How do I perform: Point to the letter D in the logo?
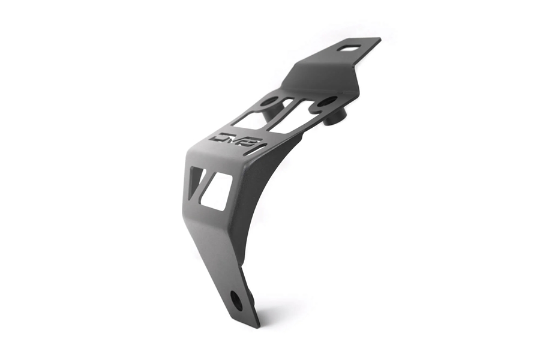click(x=221, y=138)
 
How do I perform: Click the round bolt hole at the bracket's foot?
click(x=236, y=300)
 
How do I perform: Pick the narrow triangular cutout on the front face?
click(x=196, y=181)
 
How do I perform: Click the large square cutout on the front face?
click(x=217, y=191)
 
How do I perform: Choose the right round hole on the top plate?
click(x=327, y=102)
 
